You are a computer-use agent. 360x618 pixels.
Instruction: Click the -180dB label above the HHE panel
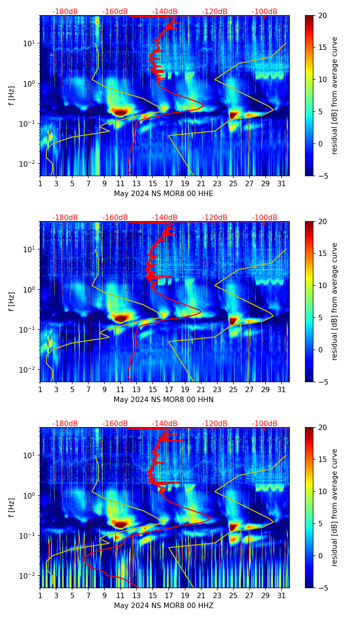pyautogui.click(x=65, y=12)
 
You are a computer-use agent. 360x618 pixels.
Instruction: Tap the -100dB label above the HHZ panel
pyautogui.click(x=265, y=424)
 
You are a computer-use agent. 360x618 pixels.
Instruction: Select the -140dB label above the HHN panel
pyautogui.click(x=165, y=218)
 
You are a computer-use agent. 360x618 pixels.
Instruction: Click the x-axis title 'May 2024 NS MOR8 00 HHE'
pyautogui.click(x=164, y=194)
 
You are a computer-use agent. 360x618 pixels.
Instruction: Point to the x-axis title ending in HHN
pyautogui.click(x=164, y=400)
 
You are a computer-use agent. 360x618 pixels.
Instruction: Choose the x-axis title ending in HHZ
pyautogui.click(x=164, y=606)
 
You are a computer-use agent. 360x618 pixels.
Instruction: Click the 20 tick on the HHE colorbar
pyautogui.click(x=322, y=15)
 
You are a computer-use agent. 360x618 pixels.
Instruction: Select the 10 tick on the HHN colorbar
pyautogui.click(x=322, y=285)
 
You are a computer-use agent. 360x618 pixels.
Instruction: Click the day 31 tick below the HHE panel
pyautogui.click(x=282, y=184)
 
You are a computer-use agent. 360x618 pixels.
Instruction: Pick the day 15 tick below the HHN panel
pyautogui.click(x=153, y=390)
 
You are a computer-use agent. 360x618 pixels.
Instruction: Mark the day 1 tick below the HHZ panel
pyautogui.click(x=40, y=596)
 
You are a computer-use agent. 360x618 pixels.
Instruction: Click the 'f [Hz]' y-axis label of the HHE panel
pyautogui.click(x=12, y=95)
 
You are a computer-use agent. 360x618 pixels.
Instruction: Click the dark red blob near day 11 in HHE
pyautogui.click(x=120, y=112)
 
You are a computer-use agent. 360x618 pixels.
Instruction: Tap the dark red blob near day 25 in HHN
pyautogui.click(x=233, y=321)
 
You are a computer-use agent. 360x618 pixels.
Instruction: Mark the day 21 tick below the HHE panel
pyautogui.click(x=201, y=184)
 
